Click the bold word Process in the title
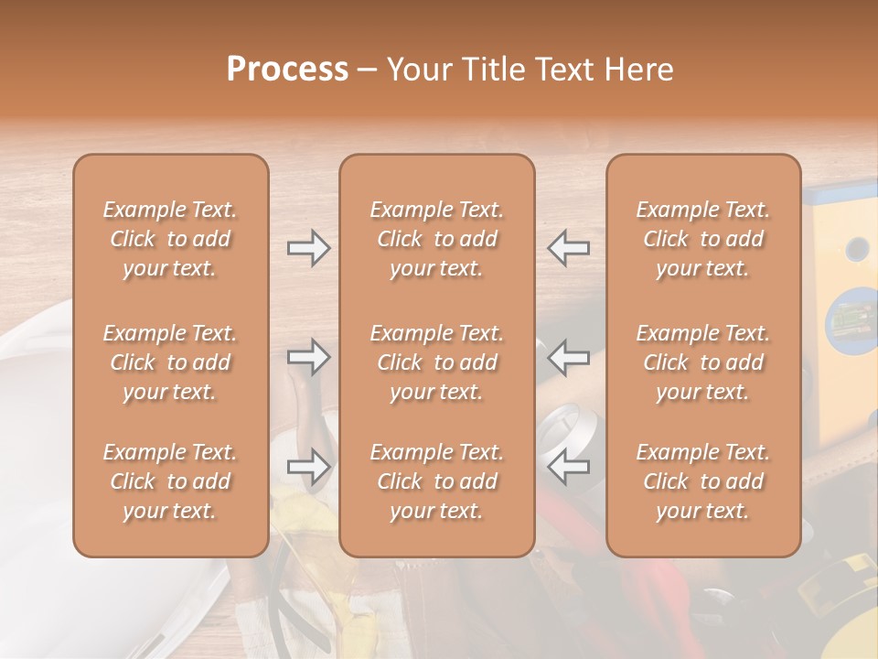click(x=287, y=70)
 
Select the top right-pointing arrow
click(x=308, y=248)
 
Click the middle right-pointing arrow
click(x=308, y=356)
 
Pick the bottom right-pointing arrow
click(x=308, y=466)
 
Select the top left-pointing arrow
click(x=568, y=248)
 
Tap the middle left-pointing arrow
click(x=568, y=356)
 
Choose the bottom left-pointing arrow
click(x=568, y=466)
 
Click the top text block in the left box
click(x=170, y=239)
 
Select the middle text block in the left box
click(x=170, y=362)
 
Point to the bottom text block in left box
click(x=170, y=481)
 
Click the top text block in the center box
click(x=436, y=239)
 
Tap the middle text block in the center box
click(x=436, y=362)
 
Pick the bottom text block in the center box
click(x=436, y=481)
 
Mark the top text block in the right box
click(x=702, y=239)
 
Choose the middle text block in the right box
click(x=702, y=362)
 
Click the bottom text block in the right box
click(x=702, y=481)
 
